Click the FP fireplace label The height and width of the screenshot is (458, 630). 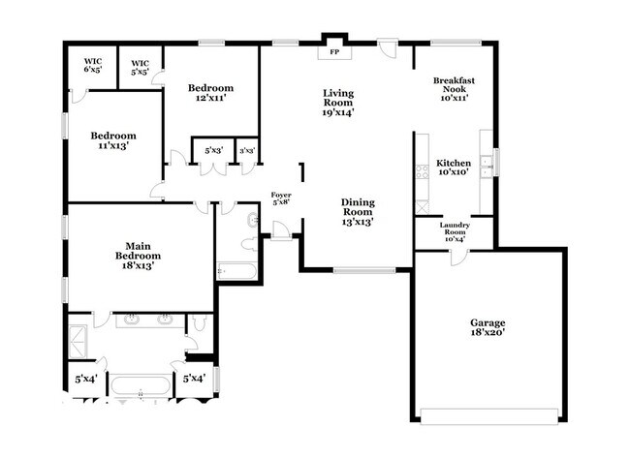[x=334, y=52]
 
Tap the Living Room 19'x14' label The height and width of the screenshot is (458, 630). [x=338, y=103]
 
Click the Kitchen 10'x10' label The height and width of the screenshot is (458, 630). [x=454, y=168]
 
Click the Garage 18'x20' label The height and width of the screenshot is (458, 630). [x=488, y=327]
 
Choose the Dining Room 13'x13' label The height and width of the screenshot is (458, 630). [x=358, y=212]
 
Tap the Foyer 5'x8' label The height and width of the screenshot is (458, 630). [x=281, y=198]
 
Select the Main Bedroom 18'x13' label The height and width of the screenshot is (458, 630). [x=138, y=256]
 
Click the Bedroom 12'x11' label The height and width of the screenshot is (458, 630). [x=210, y=93]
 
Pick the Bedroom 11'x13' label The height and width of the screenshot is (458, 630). [x=113, y=140]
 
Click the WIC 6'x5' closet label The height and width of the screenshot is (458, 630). [x=93, y=65]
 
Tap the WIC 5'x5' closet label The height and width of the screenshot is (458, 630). [x=140, y=68]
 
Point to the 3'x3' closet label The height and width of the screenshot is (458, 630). [x=247, y=151]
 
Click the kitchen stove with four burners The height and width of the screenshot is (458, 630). [x=422, y=171]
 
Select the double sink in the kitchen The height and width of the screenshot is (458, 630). [x=487, y=167]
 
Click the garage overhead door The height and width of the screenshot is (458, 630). [x=489, y=415]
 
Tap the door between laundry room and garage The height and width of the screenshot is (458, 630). [x=459, y=257]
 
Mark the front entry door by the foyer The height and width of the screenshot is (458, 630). [x=280, y=230]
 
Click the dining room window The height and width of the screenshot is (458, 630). [x=364, y=270]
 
